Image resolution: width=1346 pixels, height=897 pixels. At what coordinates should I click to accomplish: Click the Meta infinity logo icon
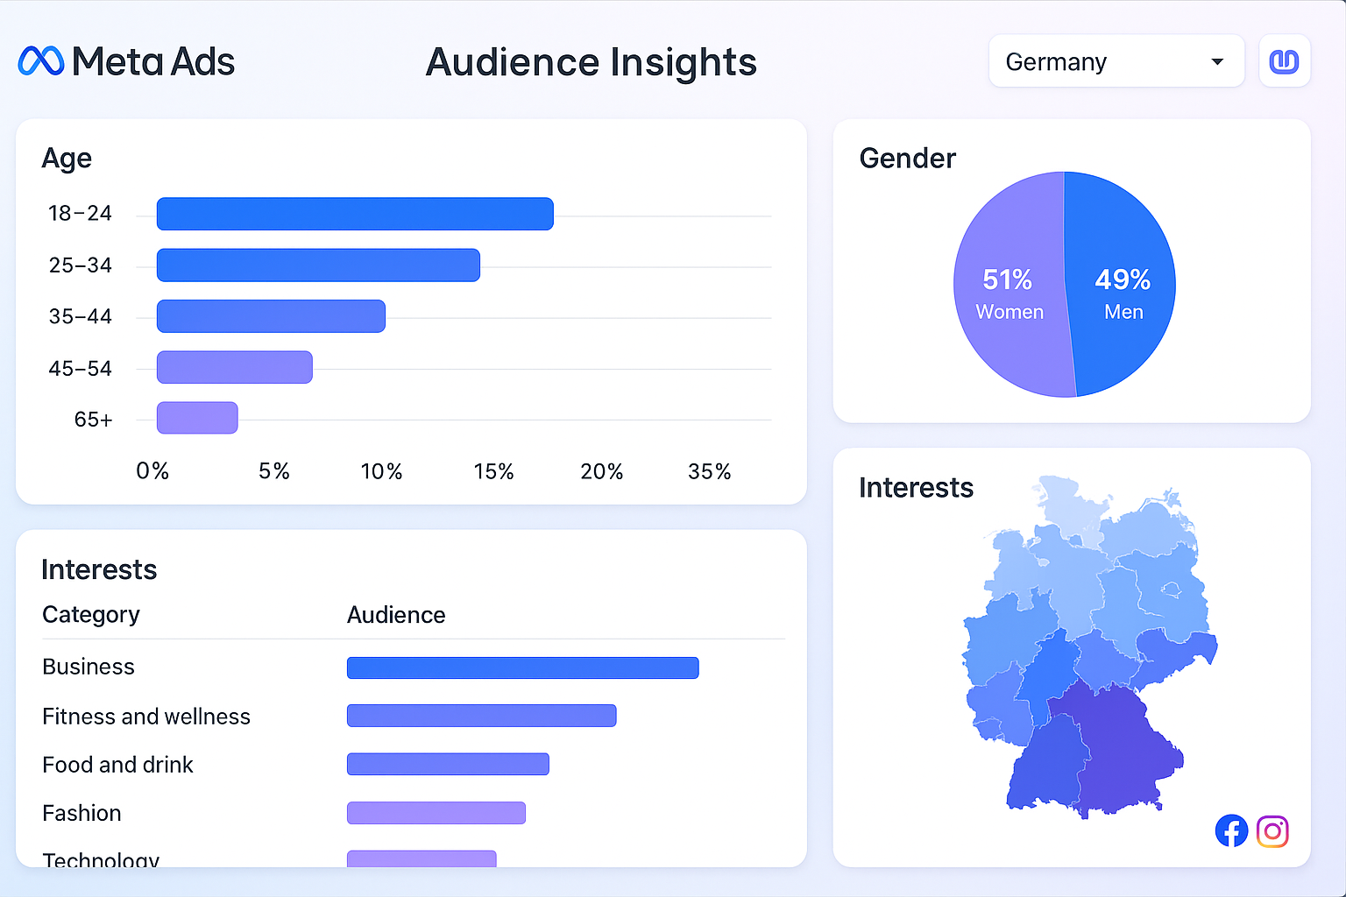click(x=41, y=61)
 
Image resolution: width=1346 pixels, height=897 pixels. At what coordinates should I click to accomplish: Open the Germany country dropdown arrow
click(x=1216, y=62)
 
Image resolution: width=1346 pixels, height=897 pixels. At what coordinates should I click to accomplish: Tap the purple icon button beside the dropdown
click(x=1284, y=61)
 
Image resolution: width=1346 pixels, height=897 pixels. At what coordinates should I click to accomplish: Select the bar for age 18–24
click(x=355, y=214)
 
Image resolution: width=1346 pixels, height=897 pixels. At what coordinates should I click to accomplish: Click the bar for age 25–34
click(x=318, y=265)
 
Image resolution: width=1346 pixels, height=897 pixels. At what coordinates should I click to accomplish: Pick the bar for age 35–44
click(x=271, y=316)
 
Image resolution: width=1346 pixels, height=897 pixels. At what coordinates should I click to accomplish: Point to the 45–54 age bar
click(x=234, y=368)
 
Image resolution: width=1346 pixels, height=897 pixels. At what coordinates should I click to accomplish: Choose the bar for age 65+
click(x=197, y=418)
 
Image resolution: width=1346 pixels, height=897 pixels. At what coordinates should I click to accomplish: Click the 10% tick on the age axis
click(x=381, y=472)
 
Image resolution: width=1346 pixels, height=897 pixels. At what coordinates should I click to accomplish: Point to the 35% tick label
click(x=709, y=472)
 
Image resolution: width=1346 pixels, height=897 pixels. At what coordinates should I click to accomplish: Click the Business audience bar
click(x=522, y=668)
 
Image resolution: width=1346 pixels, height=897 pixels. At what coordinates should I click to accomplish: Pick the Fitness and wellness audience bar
click(x=481, y=716)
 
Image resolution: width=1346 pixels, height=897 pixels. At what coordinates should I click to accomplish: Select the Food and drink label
click(x=117, y=765)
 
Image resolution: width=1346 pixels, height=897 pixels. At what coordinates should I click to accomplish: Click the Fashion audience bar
click(x=436, y=813)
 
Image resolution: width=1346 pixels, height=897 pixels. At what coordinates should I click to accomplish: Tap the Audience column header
click(x=396, y=615)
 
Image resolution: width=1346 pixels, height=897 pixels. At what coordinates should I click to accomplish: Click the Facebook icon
click(x=1231, y=831)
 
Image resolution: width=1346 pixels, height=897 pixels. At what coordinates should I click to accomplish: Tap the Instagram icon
click(x=1272, y=831)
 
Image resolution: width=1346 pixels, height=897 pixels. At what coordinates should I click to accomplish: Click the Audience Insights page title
click(x=591, y=62)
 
